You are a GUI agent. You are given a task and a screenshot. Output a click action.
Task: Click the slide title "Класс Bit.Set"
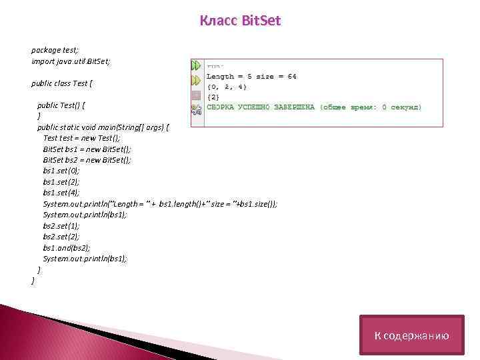coord(240,21)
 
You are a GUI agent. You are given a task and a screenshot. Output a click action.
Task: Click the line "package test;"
coord(55,50)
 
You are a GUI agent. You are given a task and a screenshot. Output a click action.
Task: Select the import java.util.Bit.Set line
coord(71,61)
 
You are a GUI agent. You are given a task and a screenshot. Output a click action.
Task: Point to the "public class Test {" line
coord(62,83)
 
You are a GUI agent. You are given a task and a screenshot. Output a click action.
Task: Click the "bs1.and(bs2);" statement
coord(66,247)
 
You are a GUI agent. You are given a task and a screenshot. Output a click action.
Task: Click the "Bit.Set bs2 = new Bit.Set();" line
coord(87,160)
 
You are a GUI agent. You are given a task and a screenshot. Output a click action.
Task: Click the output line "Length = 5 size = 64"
coord(251,77)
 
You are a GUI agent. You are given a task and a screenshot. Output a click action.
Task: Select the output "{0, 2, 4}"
coord(227,87)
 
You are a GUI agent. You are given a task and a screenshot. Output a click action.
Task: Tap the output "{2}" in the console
coord(213,97)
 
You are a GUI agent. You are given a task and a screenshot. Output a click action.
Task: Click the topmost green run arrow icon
coord(196,65)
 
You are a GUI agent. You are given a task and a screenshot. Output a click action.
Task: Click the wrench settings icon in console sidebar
coord(196,107)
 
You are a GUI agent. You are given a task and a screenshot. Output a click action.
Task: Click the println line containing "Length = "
coord(160,203)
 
